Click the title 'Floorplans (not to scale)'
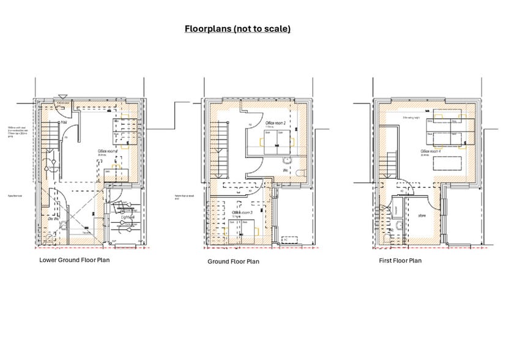click(238, 29)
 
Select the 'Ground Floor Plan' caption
click(233, 261)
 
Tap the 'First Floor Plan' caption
click(399, 260)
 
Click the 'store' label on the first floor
click(423, 215)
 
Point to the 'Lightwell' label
click(128, 217)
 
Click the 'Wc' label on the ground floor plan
click(285, 170)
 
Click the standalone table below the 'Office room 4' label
click(440, 163)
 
